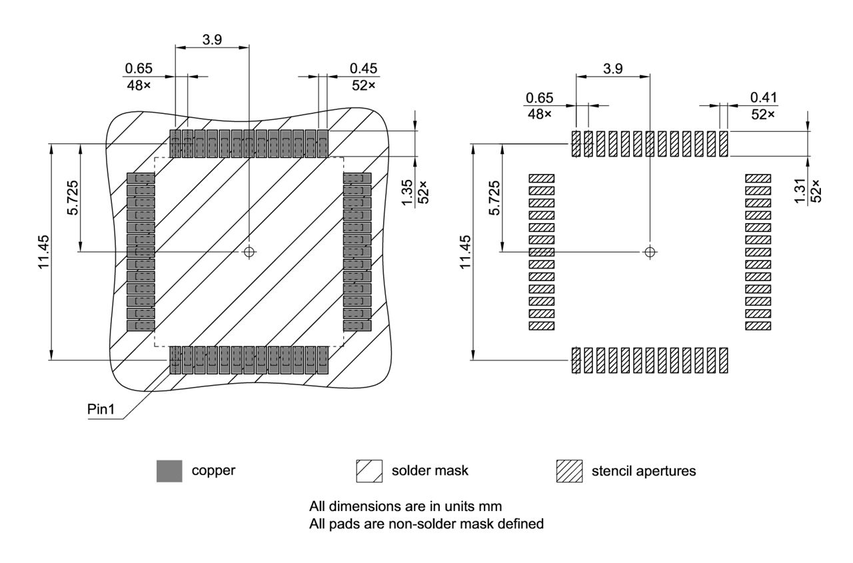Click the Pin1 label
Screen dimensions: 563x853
tap(101, 409)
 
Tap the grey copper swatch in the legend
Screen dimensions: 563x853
tap(169, 471)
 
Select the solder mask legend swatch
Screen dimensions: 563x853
tap(370, 471)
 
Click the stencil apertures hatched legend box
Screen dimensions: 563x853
tap(569, 471)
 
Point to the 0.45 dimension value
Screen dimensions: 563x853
tap(363, 68)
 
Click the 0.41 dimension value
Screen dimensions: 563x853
tap(764, 97)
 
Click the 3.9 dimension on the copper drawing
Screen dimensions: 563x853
tap(212, 39)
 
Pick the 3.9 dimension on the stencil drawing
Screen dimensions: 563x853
tap(612, 69)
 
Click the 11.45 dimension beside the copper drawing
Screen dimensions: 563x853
tap(44, 251)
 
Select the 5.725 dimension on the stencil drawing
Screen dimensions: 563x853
tap(494, 197)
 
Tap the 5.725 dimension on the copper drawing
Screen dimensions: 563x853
tap(73, 197)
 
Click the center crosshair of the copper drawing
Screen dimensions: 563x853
tap(249, 251)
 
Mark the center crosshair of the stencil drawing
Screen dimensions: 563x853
tap(650, 251)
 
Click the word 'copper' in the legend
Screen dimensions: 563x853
tap(213, 470)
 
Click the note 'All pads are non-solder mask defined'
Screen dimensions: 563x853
tap(426, 524)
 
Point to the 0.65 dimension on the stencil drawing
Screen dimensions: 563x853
tap(539, 98)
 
